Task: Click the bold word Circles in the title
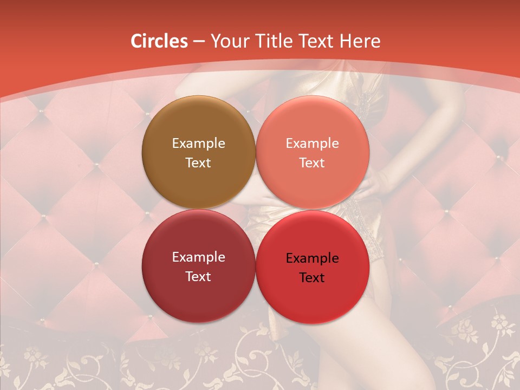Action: click(159, 41)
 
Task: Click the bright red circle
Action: click(313, 298)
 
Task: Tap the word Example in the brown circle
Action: click(198, 143)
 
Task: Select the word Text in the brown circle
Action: click(198, 162)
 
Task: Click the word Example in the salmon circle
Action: click(312, 143)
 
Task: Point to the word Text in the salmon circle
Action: click(312, 162)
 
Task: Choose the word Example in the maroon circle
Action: click(198, 257)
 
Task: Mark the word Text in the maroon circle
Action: click(198, 276)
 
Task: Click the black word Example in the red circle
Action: click(312, 258)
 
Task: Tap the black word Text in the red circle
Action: click(312, 278)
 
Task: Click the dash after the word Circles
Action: click(198, 42)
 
